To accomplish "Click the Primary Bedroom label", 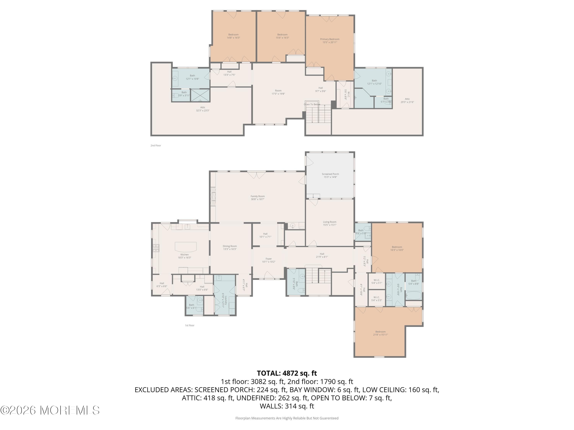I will [329, 41].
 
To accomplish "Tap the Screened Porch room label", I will [330, 175].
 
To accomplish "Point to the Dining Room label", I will [230, 247].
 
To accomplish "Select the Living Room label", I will [329, 223].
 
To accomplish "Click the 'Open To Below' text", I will [312, 105].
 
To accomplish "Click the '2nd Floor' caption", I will [156, 146].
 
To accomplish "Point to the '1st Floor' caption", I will [189, 325].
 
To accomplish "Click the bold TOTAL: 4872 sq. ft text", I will [287, 373].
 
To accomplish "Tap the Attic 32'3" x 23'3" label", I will [203, 109].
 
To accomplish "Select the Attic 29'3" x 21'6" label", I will [407, 101].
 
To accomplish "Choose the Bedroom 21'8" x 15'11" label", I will [380, 333].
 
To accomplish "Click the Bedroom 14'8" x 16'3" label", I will [233, 36].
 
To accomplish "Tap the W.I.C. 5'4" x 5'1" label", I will [377, 282].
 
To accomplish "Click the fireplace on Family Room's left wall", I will [213, 197].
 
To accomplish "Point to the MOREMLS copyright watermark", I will [50, 410].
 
